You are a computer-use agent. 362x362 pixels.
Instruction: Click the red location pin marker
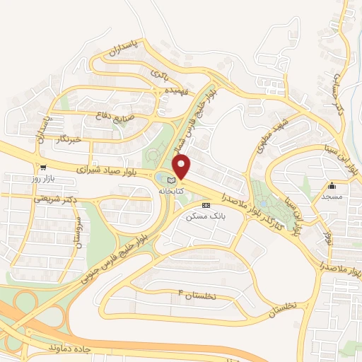pyautogui.click(x=182, y=167)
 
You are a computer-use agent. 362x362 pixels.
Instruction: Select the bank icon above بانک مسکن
pyautogui.click(x=205, y=205)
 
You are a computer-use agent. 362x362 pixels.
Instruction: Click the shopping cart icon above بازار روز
pyautogui.click(x=44, y=168)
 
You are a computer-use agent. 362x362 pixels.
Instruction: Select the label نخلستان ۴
pyautogui.click(x=204, y=298)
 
